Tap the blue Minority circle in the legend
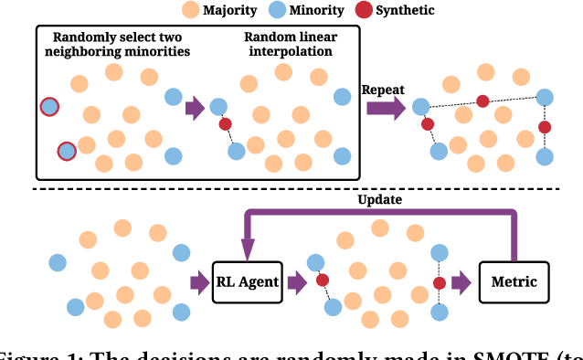click(x=281, y=12)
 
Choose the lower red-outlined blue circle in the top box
click(x=66, y=151)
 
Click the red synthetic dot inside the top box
click(x=225, y=124)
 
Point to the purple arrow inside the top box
click(x=195, y=109)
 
